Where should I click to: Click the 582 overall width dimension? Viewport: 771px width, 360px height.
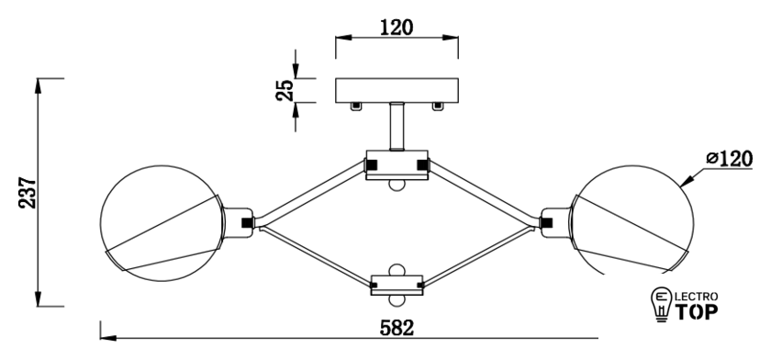397,328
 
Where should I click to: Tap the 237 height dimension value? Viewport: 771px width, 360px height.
28,192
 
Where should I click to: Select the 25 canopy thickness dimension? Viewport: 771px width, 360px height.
285,90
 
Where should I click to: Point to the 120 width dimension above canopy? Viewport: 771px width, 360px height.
397,28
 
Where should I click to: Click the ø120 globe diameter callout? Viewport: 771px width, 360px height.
730,158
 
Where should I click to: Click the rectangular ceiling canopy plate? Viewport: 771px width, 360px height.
397,91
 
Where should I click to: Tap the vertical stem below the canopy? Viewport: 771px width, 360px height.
397,126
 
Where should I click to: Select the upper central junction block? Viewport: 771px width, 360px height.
397,164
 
